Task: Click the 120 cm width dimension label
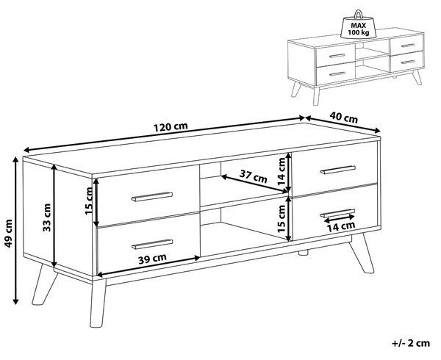[171, 127]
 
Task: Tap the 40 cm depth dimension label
[344, 118]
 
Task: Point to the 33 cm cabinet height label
[47, 217]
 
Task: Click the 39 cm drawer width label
[152, 259]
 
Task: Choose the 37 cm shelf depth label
[253, 177]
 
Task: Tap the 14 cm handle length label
[341, 226]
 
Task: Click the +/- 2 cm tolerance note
[411, 343]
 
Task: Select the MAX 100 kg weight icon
[359, 25]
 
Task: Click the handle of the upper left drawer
[152, 197]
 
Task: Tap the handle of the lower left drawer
[152, 244]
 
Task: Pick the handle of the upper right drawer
[338, 170]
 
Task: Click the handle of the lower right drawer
[337, 213]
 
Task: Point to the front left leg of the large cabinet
[98, 303]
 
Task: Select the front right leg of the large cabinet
[361, 253]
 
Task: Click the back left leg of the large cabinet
[44, 284]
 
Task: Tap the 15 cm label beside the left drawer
[89, 201]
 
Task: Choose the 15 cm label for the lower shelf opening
[282, 219]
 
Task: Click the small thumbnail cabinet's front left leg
[316, 96]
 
